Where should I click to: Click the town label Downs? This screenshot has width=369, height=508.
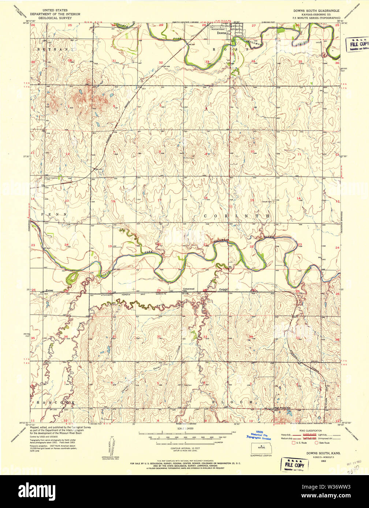221,33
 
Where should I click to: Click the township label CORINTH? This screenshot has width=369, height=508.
236,216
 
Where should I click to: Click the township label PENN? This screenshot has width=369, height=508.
54,213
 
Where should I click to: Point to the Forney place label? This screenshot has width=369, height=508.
49,291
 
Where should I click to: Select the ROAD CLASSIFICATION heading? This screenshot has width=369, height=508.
311,431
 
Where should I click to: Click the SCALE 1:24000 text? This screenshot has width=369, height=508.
185,428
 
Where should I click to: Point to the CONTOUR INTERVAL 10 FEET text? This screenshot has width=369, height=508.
185,448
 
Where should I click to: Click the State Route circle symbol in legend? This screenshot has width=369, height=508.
316,443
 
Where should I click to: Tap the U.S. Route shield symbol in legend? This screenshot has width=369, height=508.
293,443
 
